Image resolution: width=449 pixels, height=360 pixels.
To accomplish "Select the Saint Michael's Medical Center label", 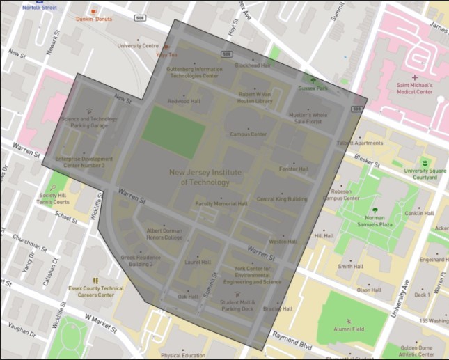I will [x=415, y=88].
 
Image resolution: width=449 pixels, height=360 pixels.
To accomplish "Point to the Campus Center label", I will [x=249, y=134].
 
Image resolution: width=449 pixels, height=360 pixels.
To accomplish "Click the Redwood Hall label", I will [x=184, y=101].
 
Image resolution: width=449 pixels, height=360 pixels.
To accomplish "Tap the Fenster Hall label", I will [x=294, y=169].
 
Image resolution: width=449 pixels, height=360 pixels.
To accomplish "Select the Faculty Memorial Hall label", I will [x=221, y=204].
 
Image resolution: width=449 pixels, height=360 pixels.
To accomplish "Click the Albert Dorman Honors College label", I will [x=164, y=233].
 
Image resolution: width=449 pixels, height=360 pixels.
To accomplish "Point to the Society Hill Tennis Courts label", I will [x=54, y=199].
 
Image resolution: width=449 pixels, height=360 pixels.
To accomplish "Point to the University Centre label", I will [x=138, y=46].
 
